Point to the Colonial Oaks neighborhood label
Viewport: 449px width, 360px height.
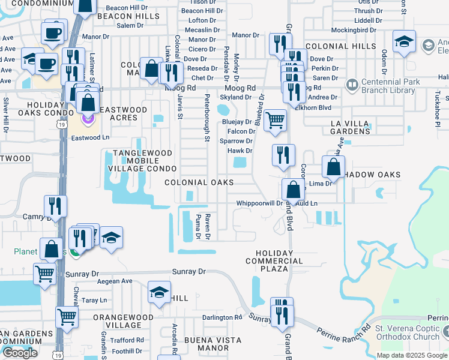[199, 182]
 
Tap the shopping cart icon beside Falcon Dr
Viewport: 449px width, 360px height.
[275, 120]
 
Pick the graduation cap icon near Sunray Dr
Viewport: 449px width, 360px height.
[158, 292]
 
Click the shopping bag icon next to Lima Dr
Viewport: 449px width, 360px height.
[333, 166]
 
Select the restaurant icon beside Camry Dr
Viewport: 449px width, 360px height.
[55, 206]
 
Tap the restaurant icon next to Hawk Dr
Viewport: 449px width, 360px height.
[283, 155]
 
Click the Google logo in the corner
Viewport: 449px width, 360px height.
[20, 353]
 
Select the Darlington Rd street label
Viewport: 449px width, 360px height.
[221, 317]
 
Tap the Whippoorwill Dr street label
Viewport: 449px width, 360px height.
[259, 203]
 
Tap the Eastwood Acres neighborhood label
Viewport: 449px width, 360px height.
[123, 114]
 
